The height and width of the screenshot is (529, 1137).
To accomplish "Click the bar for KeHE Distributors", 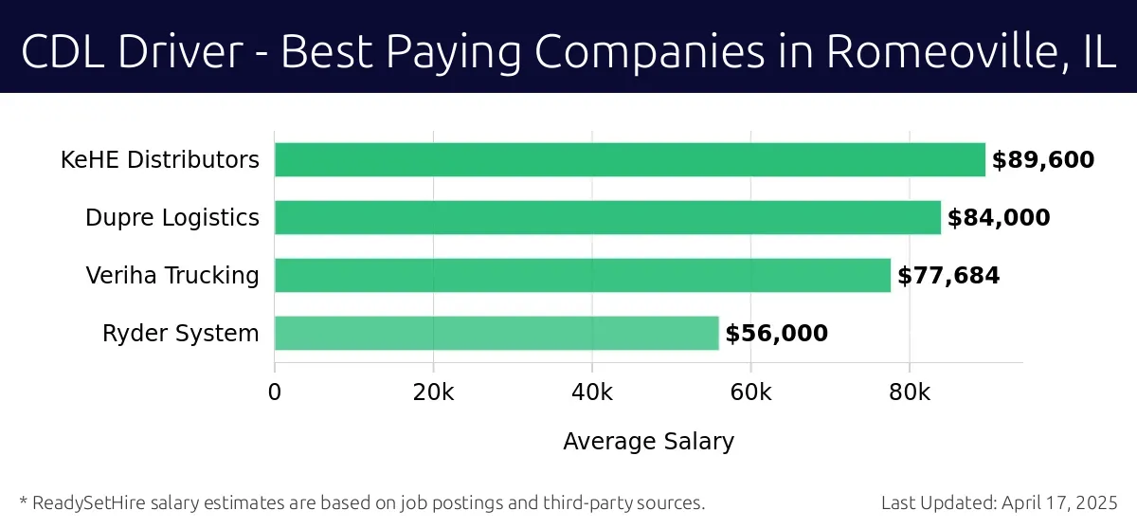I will tap(630, 159).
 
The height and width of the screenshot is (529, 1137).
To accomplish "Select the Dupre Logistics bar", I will tap(607, 217).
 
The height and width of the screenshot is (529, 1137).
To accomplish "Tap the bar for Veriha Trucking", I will tap(583, 275).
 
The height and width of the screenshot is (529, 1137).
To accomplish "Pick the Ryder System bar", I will tap(496, 333).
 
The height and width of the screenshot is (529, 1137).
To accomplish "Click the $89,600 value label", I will tap(1043, 160).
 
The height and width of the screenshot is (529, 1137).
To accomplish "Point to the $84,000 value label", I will tap(999, 218).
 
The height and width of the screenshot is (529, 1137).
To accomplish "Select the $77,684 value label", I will tap(948, 276).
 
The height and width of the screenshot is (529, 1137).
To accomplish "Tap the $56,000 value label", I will tap(777, 334).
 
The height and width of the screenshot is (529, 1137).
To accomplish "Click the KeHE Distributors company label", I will tap(160, 160).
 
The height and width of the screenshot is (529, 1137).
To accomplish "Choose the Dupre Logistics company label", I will tap(172, 218).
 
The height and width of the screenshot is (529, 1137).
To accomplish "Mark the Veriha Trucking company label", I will tap(172, 276).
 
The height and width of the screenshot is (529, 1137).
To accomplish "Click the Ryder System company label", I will tap(181, 334).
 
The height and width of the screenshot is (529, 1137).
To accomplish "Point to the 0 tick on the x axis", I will tap(275, 392).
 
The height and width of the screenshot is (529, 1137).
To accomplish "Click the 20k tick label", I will tap(434, 392).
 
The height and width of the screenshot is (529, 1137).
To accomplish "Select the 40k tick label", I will tap(592, 392).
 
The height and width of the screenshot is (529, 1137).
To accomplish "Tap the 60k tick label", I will tap(750, 392).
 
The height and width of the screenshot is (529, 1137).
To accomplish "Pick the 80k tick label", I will tap(910, 392).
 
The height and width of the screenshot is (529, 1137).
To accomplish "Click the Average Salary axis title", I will tap(648, 441).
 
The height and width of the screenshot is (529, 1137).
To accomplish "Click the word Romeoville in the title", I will tap(938, 53).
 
